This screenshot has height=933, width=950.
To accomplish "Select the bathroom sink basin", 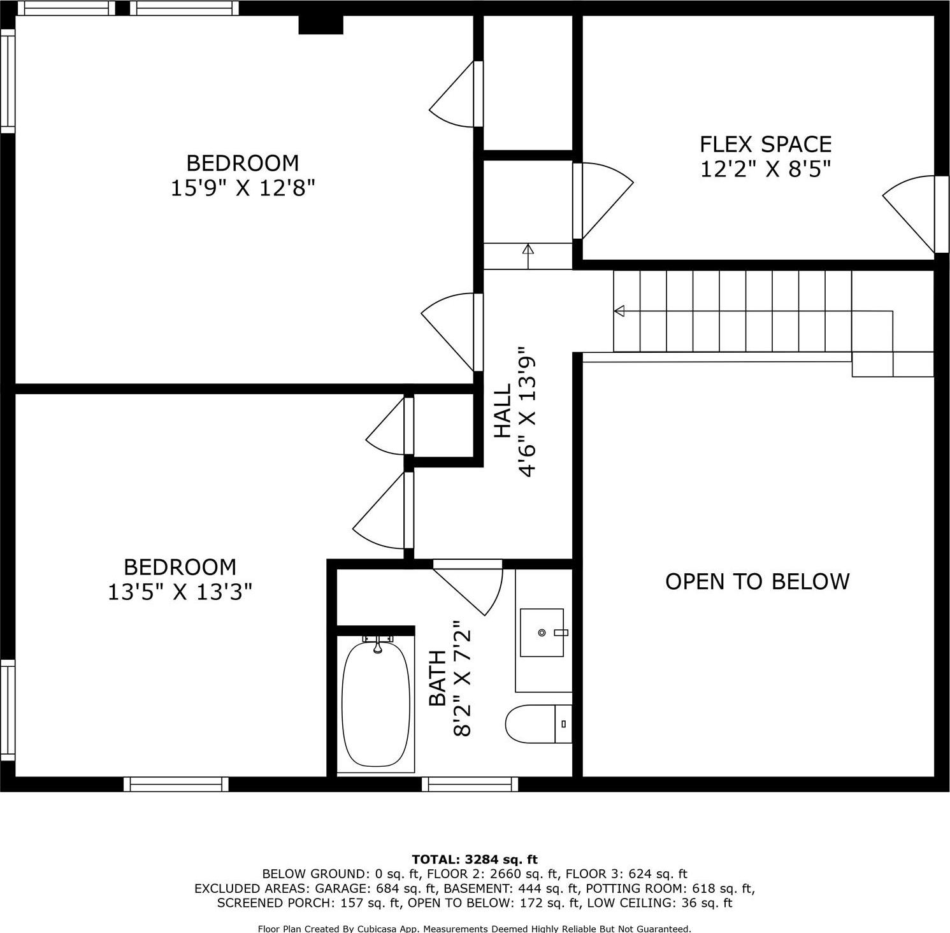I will click(542, 632).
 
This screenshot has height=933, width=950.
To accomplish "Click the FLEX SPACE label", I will click(765, 145).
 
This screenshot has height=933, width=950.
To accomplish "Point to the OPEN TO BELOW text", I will click(757, 581).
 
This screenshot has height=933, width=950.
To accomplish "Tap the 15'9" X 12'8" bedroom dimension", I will click(243, 189).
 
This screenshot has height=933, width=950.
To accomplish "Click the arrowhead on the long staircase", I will click(619, 311).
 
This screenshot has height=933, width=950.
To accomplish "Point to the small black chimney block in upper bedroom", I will click(321, 25).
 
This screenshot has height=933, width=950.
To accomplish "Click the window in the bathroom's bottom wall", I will click(470, 784).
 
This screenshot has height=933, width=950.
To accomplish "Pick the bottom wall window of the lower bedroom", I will click(176, 784).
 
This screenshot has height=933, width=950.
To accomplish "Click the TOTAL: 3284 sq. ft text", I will click(475, 860).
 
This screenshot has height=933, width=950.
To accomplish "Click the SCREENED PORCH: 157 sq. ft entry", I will click(308, 903).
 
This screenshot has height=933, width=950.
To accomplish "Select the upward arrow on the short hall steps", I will click(528, 250).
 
